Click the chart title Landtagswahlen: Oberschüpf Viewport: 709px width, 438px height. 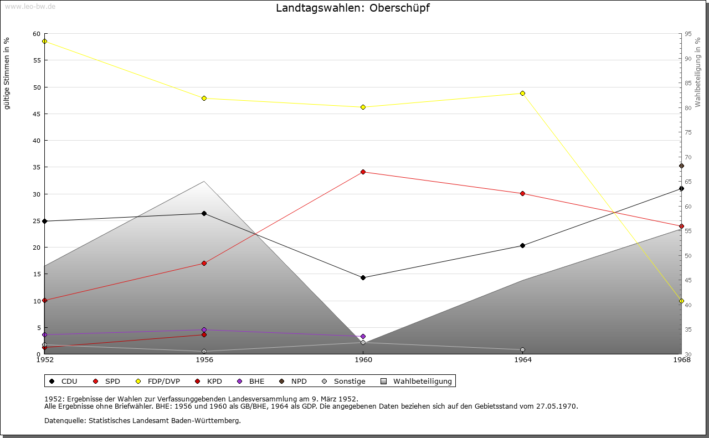pyautogui.click(x=352, y=8)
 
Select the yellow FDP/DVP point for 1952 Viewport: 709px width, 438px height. pyautogui.click(x=44, y=42)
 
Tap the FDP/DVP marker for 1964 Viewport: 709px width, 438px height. pyautogui.click(x=522, y=93)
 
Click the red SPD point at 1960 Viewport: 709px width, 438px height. pyautogui.click(x=363, y=172)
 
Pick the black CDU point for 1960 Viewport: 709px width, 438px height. pyautogui.click(x=363, y=277)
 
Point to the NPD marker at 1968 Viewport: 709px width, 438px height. pyautogui.click(x=681, y=166)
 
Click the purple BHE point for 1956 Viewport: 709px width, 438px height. pyautogui.click(x=204, y=330)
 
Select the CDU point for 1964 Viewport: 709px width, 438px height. pyautogui.click(x=522, y=245)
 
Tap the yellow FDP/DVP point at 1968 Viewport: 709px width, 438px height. pyautogui.click(x=681, y=301)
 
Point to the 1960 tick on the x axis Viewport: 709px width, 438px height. pyautogui.click(x=363, y=360)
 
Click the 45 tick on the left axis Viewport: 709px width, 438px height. pyautogui.click(x=37, y=114)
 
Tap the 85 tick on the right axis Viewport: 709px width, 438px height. pyautogui.click(x=687, y=83)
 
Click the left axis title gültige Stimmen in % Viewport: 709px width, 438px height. pyautogui.click(x=7, y=74)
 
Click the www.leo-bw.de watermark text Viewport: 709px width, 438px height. pyautogui.click(x=30, y=6)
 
